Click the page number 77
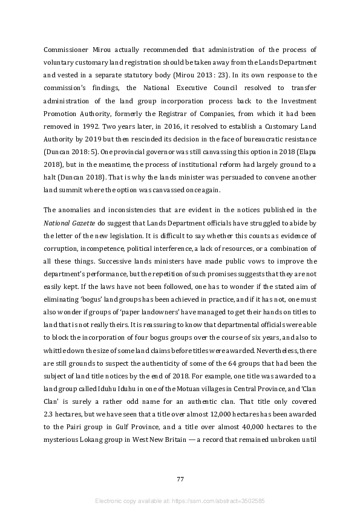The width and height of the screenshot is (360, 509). point(180,479)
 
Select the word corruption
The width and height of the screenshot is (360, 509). point(64,249)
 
